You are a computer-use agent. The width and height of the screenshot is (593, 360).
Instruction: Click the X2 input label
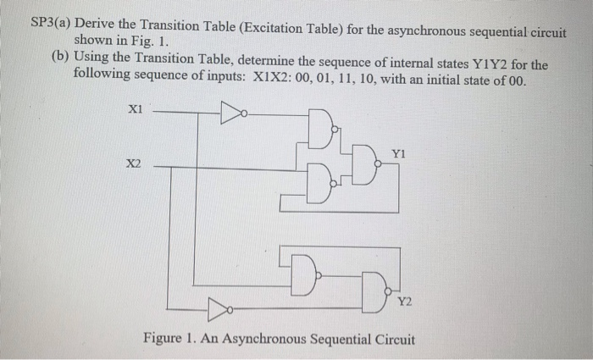(134, 167)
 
